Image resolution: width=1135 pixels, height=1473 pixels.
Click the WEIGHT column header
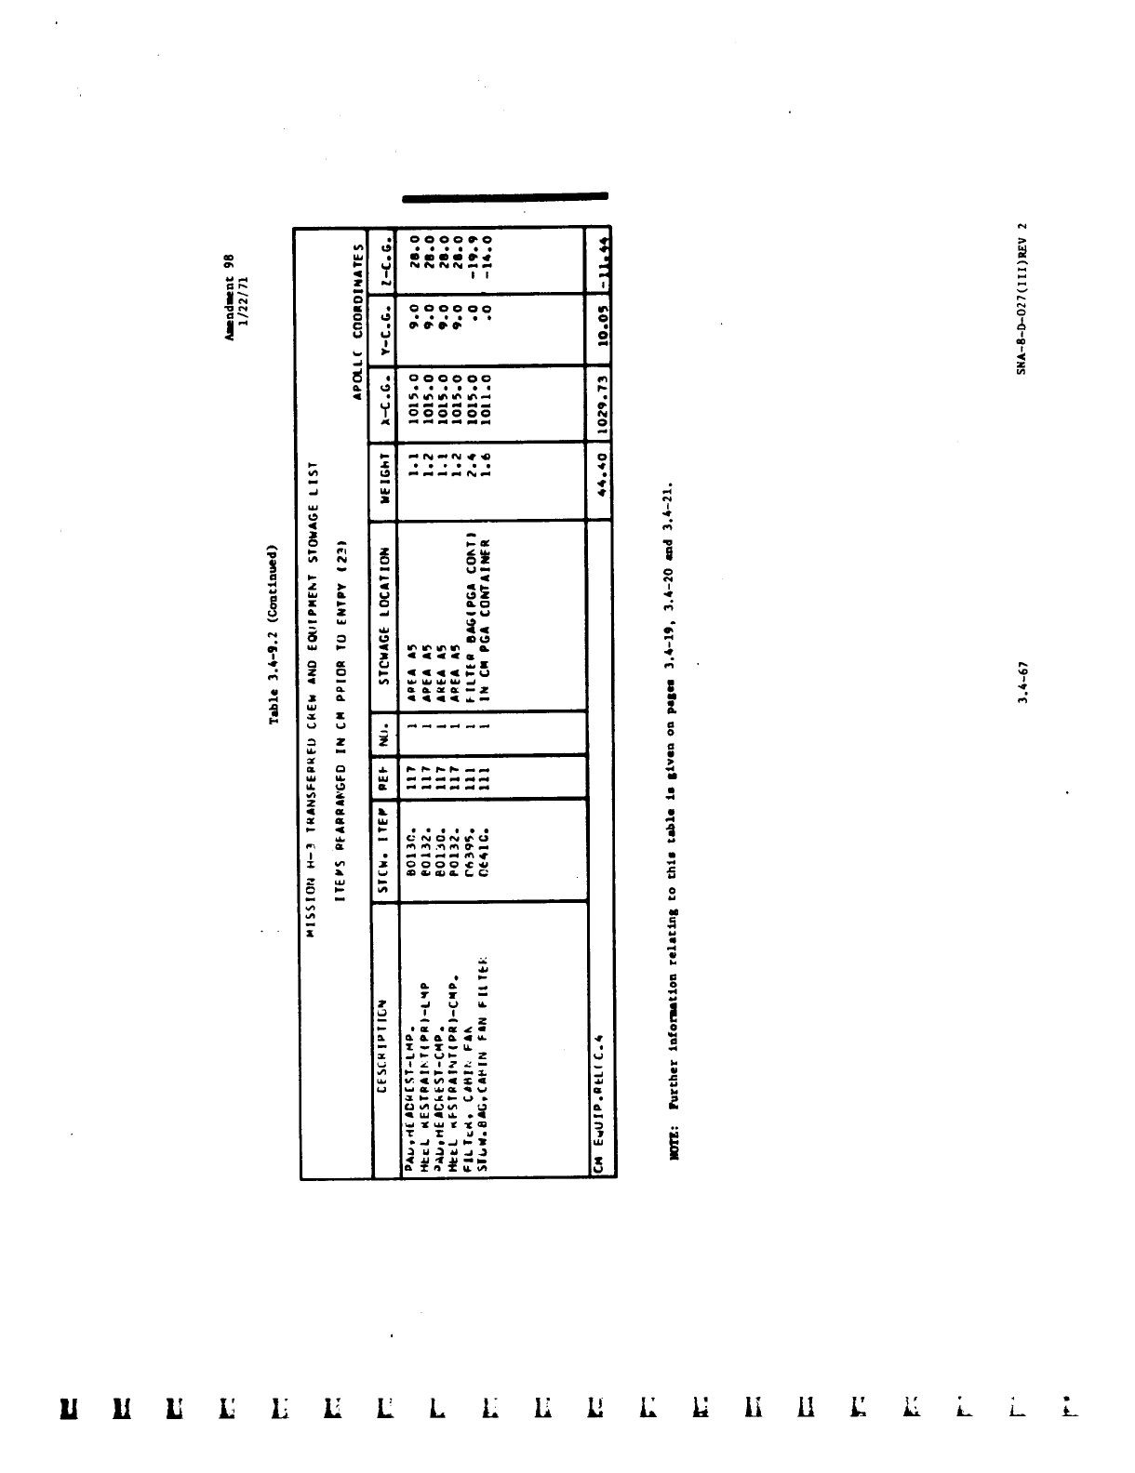[385, 484]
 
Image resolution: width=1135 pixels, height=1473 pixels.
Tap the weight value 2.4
[472, 484]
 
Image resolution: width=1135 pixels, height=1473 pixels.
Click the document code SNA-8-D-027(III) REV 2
[1021, 298]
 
